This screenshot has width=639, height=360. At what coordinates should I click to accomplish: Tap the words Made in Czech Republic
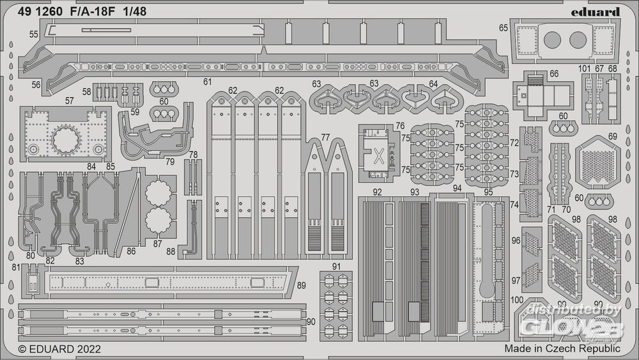coord(562,349)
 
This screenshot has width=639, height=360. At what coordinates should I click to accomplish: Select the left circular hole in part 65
coord(553,40)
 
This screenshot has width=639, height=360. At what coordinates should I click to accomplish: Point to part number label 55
coord(34,33)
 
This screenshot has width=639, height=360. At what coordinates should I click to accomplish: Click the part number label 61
coord(207,82)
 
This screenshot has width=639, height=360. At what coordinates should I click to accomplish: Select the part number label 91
coord(335,266)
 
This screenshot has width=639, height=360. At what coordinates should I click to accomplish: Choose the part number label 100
coord(518,301)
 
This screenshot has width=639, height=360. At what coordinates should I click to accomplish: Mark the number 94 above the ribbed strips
coord(456,189)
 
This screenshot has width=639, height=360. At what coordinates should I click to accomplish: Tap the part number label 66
coord(553,74)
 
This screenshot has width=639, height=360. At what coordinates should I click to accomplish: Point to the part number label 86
coord(131,251)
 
